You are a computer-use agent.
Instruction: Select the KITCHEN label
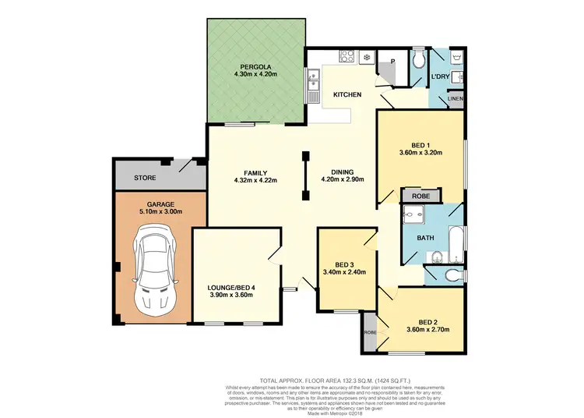tap(347, 94)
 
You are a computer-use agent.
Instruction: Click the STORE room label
tap(145, 178)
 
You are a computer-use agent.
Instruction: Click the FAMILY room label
tap(255, 172)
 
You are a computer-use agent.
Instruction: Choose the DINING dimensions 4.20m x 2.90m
tap(342, 180)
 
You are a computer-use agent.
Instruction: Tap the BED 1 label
tap(421, 143)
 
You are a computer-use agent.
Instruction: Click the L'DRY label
tap(441, 76)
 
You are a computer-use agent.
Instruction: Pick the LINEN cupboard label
tap(456, 99)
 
